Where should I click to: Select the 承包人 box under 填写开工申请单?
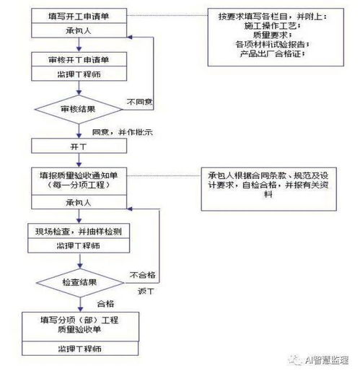point(79,31)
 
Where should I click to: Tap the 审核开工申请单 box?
point(79,58)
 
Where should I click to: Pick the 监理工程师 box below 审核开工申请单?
point(79,74)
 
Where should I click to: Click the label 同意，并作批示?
point(121,134)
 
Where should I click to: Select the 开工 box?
point(79,147)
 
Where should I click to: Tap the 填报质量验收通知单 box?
point(79,179)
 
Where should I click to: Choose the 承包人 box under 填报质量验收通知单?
point(79,203)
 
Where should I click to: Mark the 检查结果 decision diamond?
point(79,281)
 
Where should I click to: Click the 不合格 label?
point(141,275)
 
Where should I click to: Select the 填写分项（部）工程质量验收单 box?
point(79,323)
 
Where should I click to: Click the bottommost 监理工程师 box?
point(79,349)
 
